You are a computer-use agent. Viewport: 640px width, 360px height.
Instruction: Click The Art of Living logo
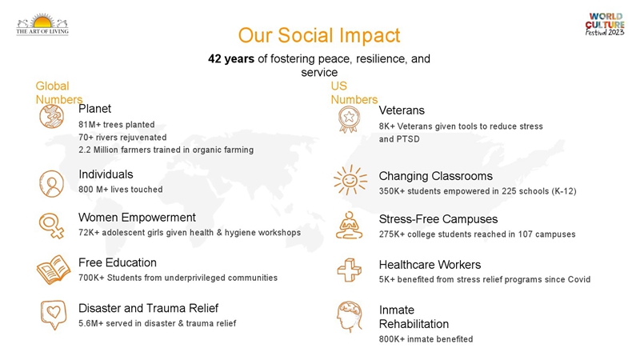(42, 25)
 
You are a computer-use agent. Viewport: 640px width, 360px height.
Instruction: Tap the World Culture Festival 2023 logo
(605, 25)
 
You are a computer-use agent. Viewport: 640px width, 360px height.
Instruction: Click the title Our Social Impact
(319, 35)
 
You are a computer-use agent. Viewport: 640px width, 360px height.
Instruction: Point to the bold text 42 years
(231, 58)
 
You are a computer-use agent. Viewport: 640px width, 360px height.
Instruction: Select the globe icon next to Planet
(52, 116)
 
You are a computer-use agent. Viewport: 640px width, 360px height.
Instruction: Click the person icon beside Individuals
(52, 184)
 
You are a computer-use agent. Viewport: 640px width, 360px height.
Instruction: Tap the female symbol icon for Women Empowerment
(52, 226)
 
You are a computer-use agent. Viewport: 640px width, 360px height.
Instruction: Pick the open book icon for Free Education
(54, 270)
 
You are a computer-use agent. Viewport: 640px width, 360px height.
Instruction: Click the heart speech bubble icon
(54, 314)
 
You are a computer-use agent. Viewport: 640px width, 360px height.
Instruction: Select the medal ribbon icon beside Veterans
(349, 119)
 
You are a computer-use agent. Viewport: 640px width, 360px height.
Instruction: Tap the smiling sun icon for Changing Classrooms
(350, 180)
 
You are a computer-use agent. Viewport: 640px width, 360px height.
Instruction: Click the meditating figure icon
(350, 225)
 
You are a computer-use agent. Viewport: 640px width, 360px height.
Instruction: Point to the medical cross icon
(350, 270)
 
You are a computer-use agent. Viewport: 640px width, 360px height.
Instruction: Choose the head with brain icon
(350, 316)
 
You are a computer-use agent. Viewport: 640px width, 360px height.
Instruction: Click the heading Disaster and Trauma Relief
(148, 308)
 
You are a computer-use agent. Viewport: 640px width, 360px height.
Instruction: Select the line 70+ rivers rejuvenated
(122, 137)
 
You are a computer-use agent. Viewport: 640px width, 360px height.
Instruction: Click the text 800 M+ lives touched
(121, 190)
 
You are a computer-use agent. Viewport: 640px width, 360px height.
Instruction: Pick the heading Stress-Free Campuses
(438, 219)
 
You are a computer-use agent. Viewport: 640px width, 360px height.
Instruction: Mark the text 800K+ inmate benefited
(426, 339)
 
